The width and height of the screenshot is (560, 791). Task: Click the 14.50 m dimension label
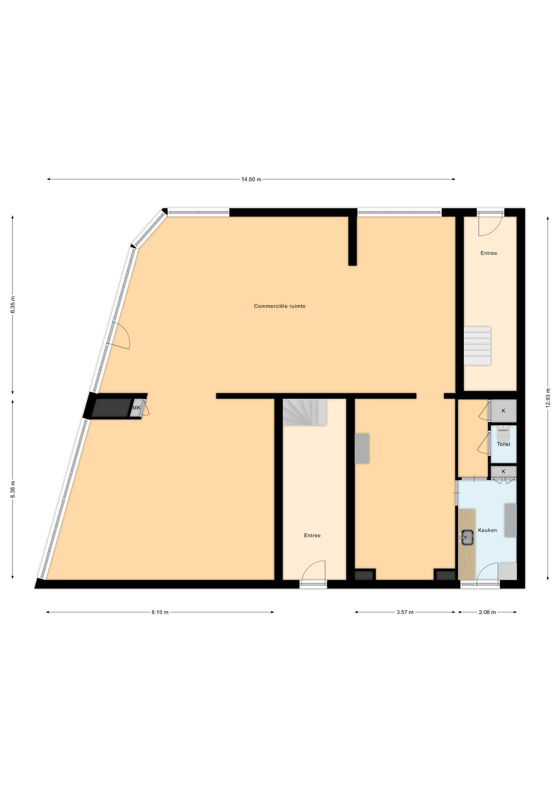tap(251, 179)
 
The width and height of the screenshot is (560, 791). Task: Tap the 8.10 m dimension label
tap(160, 612)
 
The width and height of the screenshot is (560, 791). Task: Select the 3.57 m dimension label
tap(405, 612)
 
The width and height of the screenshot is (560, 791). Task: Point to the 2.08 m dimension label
tap(487, 612)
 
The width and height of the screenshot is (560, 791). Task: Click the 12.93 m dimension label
tap(548, 398)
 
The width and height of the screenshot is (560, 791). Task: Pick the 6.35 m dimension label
tap(13, 305)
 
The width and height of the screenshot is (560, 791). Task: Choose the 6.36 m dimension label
tap(13, 489)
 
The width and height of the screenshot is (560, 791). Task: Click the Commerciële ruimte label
tap(280, 306)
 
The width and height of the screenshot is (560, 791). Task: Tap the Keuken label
tap(487, 530)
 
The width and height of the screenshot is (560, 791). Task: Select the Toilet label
tap(504, 444)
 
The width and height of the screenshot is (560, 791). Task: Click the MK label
tap(136, 408)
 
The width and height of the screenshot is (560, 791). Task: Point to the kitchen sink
tap(466, 537)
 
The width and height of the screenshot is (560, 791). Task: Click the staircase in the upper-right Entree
tap(477, 346)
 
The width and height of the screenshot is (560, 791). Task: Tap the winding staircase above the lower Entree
tap(305, 412)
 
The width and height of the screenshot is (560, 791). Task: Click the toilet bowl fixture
tap(503, 433)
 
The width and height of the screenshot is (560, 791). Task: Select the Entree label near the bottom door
tap(312, 535)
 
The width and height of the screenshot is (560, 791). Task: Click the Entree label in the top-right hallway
tap(489, 253)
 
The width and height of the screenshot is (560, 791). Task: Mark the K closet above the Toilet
tap(504, 411)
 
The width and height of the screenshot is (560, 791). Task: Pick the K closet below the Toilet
tap(504, 471)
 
